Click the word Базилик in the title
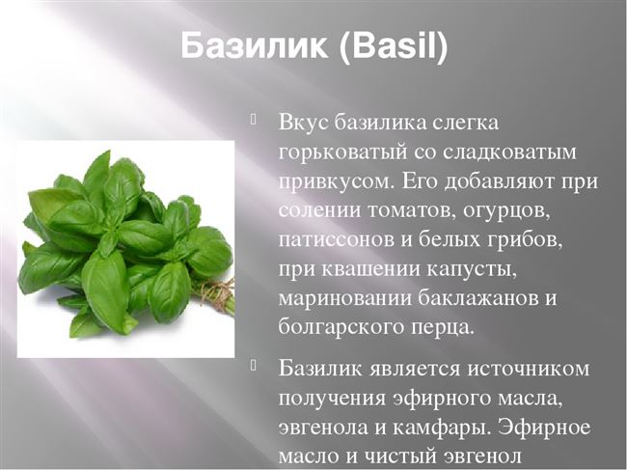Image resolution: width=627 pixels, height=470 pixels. click(x=254, y=45)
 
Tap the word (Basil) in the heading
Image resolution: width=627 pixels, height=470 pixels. click(x=394, y=46)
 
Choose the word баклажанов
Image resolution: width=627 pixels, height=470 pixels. click(x=474, y=298)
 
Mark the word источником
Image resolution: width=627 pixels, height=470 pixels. click(x=529, y=369)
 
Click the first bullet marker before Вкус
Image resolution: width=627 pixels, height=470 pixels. click(x=253, y=120)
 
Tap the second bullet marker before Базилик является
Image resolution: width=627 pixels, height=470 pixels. click(x=253, y=366)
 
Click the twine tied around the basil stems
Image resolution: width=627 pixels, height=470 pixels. click(x=216, y=291)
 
